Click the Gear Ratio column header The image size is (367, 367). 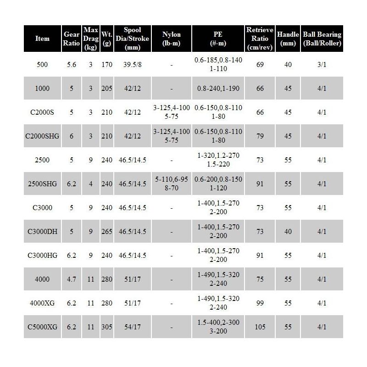click(71, 39)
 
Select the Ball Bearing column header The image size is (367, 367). click(322, 39)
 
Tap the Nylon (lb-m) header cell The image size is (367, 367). click(171, 39)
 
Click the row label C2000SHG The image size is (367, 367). click(43, 136)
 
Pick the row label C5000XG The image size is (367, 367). click(43, 327)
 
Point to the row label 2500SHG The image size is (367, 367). click(43, 184)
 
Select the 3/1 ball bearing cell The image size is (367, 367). click(322, 65)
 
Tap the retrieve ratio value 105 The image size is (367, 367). click(260, 327)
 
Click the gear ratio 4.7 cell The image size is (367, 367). click(71, 279)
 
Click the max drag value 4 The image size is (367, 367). click(90, 184)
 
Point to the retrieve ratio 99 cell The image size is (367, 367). click(260, 303)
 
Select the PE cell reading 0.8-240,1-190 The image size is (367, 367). click(218, 89)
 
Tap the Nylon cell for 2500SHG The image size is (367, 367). click(171, 184)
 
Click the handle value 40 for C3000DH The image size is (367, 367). click(288, 232)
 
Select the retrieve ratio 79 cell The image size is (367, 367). click(260, 136)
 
